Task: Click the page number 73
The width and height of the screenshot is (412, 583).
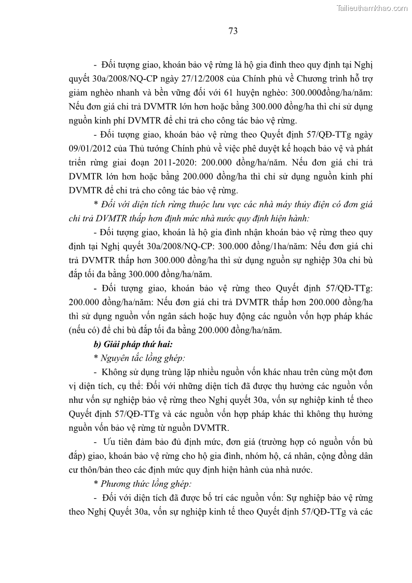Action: click(233, 31)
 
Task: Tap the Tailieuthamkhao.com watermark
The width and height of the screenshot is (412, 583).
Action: click(372, 8)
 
